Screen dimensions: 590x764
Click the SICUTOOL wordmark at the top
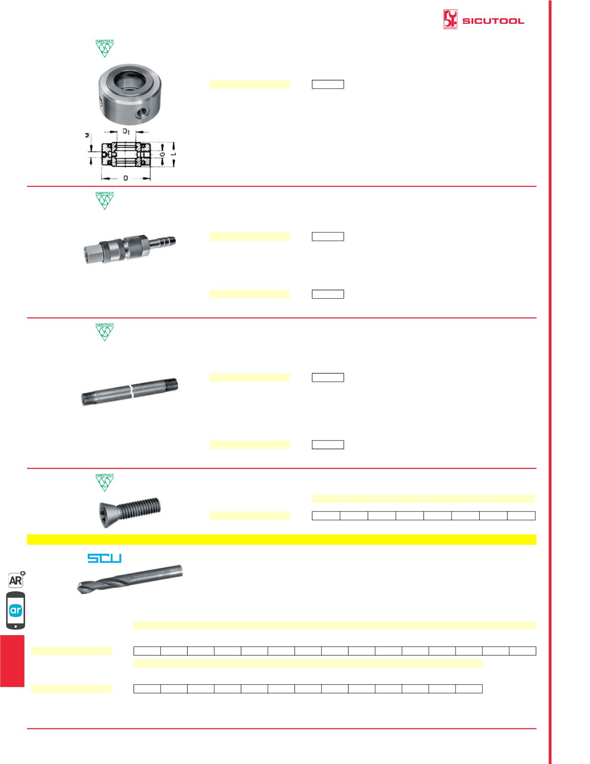493,21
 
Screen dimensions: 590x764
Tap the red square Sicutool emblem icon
450,19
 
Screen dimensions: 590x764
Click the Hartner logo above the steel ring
105,48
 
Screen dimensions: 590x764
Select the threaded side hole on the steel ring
141,114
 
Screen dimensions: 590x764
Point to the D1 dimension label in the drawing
126,131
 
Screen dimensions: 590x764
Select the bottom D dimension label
125,178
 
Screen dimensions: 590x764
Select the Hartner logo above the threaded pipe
105,332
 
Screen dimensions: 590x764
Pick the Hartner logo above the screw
105,482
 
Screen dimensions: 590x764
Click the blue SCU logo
105,558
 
